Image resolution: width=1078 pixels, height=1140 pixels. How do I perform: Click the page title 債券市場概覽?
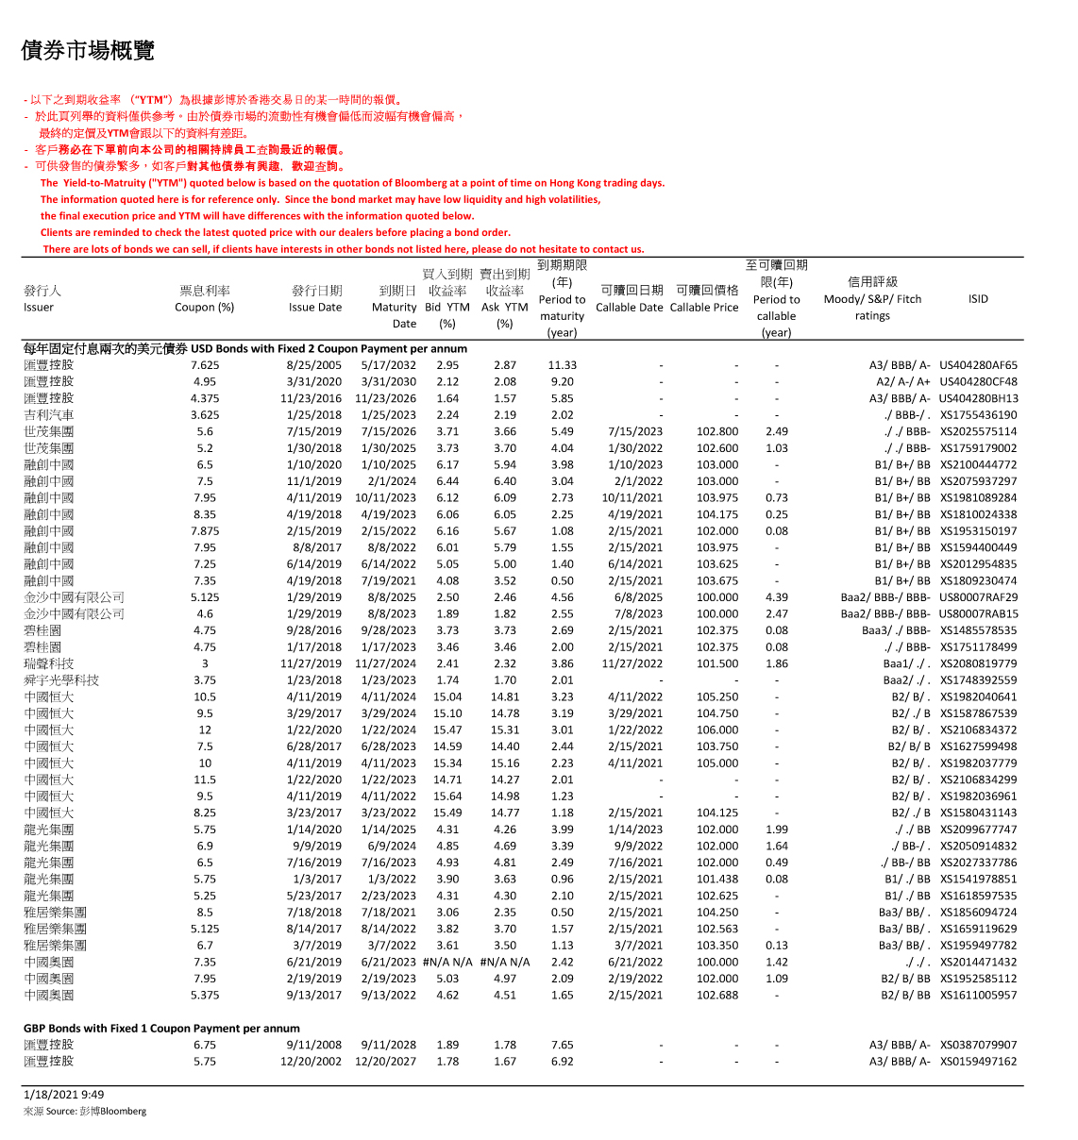(x=88, y=51)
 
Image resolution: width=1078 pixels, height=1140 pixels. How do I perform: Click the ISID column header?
(x=978, y=299)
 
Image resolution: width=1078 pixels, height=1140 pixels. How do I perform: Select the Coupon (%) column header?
(x=204, y=307)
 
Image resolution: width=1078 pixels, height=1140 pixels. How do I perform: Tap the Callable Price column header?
(x=704, y=307)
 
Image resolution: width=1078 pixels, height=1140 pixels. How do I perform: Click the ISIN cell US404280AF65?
(x=978, y=365)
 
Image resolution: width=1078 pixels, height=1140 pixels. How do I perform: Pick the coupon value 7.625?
(x=205, y=365)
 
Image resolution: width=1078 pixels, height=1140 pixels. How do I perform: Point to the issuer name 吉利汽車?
(x=49, y=415)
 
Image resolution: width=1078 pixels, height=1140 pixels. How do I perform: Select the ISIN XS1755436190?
(x=978, y=415)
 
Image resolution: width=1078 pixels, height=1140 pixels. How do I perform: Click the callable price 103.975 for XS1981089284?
(x=717, y=498)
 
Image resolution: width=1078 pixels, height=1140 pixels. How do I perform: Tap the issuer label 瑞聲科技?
(x=49, y=664)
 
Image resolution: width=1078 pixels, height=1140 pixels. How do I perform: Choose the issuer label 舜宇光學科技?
(x=61, y=680)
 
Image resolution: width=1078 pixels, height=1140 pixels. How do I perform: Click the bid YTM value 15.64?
(x=447, y=796)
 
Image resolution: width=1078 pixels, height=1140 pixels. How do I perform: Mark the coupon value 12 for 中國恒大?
(x=205, y=730)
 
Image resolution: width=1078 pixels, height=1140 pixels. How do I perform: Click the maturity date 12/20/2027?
(x=385, y=1062)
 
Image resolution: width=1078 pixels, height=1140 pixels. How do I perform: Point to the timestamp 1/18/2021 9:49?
(x=64, y=1096)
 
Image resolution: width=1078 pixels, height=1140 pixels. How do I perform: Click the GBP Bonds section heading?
(x=161, y=1029)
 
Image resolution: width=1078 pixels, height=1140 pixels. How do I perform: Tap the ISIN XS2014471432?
(x=978, y=963)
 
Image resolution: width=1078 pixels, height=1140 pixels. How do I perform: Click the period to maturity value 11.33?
(x=562, y=365)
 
